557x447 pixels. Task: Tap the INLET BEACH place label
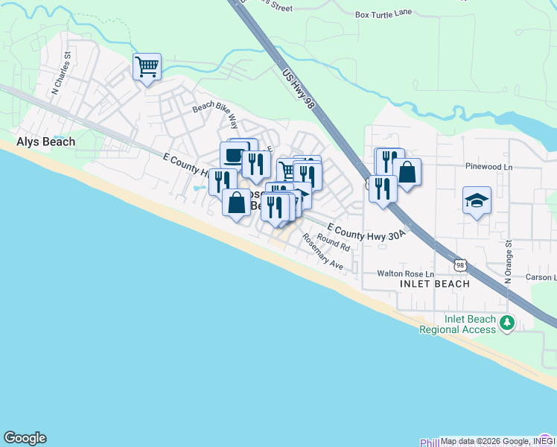click(435, 284)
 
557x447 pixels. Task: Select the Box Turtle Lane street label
click(383, 14)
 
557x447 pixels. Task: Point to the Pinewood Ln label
click(488, 167)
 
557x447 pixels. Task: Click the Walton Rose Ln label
click(405, 273)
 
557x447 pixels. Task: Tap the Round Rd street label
click(333, 241)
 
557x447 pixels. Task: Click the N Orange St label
click(508, 261)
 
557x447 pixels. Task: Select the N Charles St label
click(60, 73)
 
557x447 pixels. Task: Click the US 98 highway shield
click(461, 266)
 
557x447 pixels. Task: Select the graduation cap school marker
click(477, 200)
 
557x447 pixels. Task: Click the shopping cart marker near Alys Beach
click(147, 67)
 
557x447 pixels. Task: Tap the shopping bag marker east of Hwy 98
click(407, 172)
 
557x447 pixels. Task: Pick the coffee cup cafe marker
click(234, 156)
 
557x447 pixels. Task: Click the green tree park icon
click(507, 323)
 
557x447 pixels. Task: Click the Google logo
click(25, 438)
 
